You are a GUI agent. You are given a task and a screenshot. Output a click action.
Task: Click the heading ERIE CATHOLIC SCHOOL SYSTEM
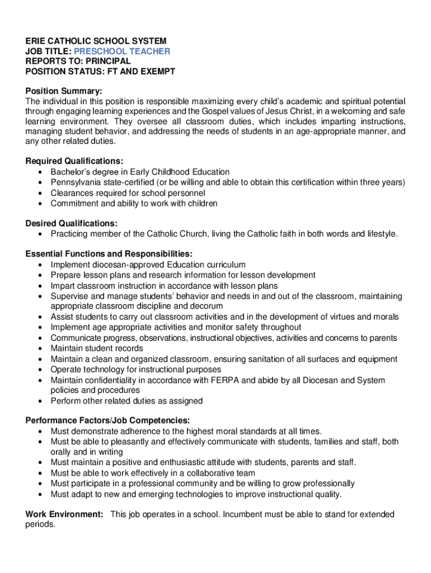(x=96, y=41)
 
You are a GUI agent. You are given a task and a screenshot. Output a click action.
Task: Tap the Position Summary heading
(x=64, y=91)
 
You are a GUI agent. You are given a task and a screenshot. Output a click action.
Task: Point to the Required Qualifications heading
(x=74, y=162)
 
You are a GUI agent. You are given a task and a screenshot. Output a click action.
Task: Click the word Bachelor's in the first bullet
(x=70, y=172)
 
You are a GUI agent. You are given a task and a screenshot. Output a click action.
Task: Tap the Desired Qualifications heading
(x=71, y=223)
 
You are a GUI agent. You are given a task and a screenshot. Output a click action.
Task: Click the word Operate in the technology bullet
(x=65, y=370)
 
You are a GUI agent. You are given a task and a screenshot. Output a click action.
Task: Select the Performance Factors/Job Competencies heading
(x=107, y=421)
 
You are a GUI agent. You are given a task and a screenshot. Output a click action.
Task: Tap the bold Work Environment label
(x=64, y=514)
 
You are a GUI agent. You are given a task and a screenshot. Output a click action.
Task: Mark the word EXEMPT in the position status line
(x=157, y=72)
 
